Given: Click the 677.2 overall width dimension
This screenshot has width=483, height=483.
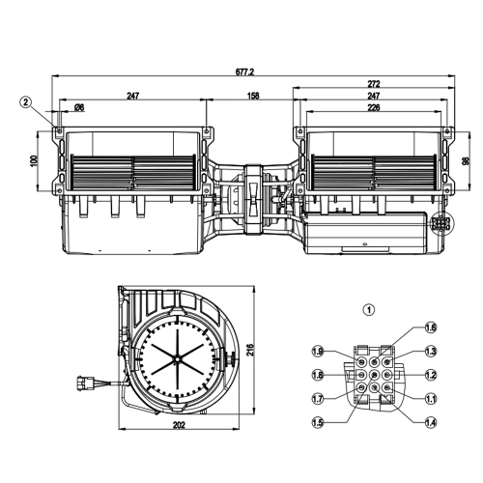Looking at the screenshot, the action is click(x=244, y=71).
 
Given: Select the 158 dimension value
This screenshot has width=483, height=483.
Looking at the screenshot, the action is click(x=253, y=96).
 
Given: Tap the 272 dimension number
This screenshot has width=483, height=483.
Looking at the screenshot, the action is click(x=374, y=84).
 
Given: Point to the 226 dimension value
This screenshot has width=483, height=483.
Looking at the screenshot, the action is click(x=374, y=107).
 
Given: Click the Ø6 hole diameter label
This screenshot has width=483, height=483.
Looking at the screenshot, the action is click(x=79, y=107).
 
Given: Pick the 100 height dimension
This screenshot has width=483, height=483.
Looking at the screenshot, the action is click(x=35, y=160).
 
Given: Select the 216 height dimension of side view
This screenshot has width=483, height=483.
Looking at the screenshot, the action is click(x=250, y=350).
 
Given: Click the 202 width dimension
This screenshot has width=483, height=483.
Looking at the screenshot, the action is click(x=179, y=425).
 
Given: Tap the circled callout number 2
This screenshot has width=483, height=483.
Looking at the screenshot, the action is click(x=26, y=102).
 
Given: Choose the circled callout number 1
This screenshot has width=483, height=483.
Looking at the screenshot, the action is click(x=369, y=310).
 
